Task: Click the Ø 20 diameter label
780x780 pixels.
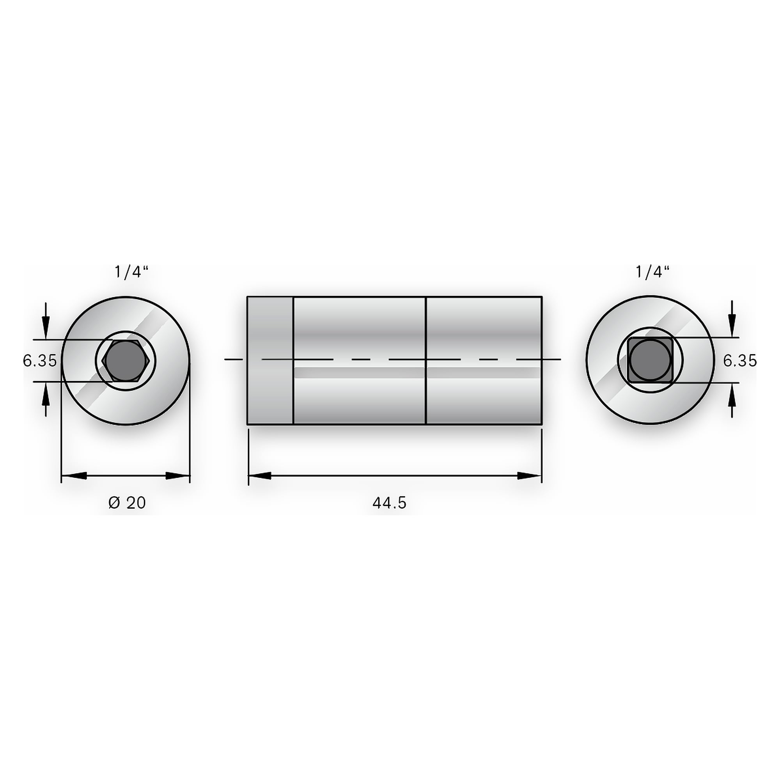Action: pos(127,503)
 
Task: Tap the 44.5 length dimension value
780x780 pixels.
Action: pos(389,503)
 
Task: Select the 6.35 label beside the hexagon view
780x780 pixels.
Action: pos(39,360)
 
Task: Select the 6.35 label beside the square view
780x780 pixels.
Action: pos(739,360)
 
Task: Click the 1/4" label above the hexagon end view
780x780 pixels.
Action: pos(131,272)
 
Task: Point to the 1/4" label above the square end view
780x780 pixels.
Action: pos(652,272)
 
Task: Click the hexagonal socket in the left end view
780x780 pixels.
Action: pos(126,360)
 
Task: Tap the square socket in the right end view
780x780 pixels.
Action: pos(650,360)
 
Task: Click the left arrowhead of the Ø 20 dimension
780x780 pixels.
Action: pos(74,476)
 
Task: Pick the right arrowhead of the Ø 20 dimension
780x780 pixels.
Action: pos(177,476)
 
